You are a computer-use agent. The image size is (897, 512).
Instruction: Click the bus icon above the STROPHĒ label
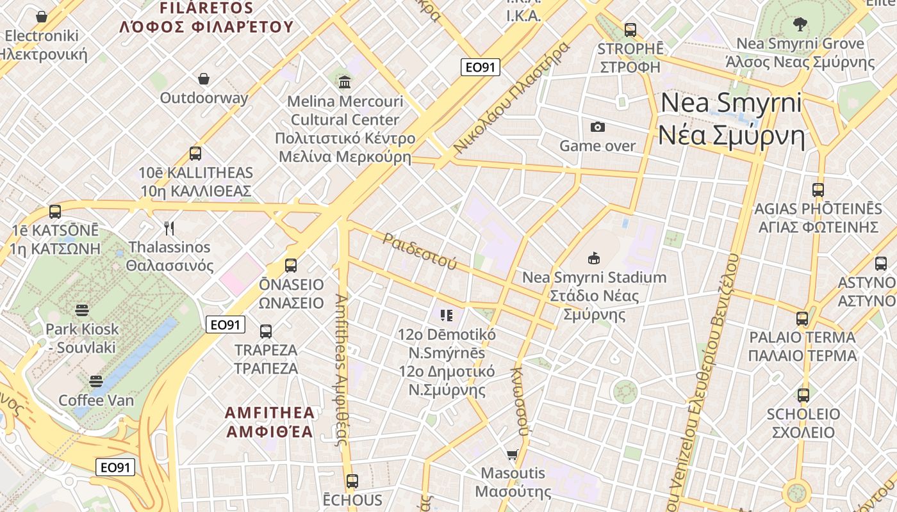630,29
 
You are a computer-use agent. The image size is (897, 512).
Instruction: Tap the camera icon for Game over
598,127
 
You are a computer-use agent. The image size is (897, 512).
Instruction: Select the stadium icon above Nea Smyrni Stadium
594,259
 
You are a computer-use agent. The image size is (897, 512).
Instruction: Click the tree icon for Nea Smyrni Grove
800,24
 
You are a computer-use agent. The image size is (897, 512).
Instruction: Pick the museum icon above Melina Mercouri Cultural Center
345,82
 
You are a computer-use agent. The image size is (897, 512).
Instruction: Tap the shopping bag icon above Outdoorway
204,79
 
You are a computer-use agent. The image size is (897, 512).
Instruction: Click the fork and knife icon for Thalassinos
169,228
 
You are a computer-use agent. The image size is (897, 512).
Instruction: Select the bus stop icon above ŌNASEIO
291,266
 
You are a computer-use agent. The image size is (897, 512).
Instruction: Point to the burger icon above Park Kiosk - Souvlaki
81,310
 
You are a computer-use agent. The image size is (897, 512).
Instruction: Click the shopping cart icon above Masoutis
513,455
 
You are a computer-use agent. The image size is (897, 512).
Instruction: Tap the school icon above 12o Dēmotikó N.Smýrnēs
447,315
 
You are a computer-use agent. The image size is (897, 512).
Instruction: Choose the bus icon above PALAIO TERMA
802,318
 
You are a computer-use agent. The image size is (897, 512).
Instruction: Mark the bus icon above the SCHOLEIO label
803,395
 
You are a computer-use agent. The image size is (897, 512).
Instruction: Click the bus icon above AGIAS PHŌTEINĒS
818,189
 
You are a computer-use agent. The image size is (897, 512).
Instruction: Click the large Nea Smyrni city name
731,119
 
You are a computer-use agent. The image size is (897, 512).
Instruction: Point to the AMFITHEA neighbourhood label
270,421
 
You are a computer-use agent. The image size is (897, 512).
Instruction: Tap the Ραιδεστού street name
420,250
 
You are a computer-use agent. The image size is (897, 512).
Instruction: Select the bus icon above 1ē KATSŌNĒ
55,211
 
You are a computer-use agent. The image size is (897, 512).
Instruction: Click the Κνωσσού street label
520,401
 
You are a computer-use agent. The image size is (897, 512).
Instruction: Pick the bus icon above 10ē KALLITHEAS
195,154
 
